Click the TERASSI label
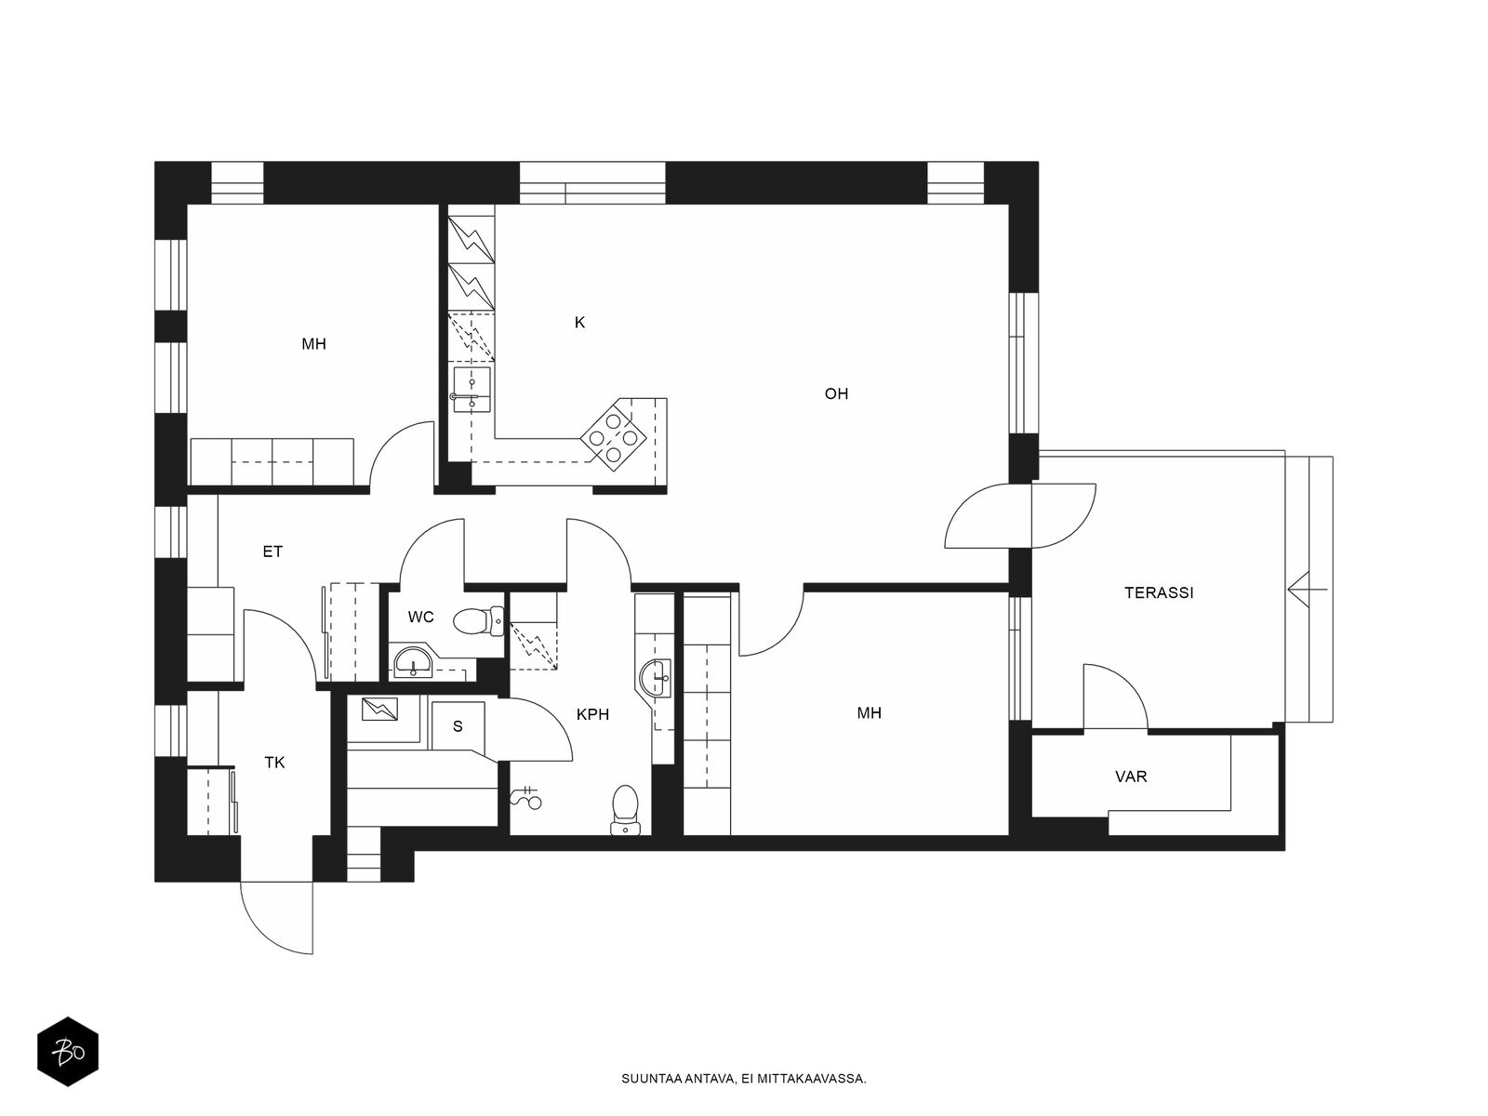(x=1159, y=593)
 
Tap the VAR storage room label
(x=1131, y=777)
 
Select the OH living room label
(x=836, y=393)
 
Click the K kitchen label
(x=579, y=323)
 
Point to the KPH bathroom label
(x=592, y=714)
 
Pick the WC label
(x=420, y=617)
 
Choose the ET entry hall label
(x=272, y=551)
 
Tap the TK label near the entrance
(x=274, y=763)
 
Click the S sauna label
(x=458, y=726)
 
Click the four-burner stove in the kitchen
(x=613, y=433)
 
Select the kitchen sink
(x=472, y=391)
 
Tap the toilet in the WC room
(x=479, y=620)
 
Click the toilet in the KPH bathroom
(x=625, y=810)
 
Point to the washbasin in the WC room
(x=413, y=663)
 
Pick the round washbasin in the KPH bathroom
(x=654, y=678)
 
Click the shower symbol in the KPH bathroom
(x=526, y=798)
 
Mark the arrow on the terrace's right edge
(x=1308, y=590)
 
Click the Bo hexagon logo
(x=68, y=1052)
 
